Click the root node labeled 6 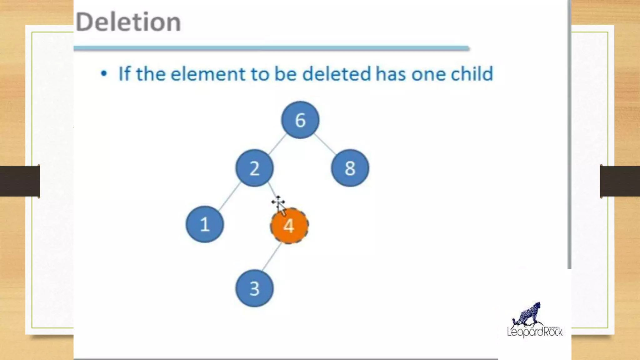300,120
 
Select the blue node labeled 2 254,168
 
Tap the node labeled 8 350,168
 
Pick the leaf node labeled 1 205,224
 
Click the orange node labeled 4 289,226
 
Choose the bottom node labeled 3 254,288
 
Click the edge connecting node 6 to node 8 325,144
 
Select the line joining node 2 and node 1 230,196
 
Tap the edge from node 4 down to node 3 272,257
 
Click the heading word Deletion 128,22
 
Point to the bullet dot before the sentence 104,74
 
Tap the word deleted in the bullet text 337,74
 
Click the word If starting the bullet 124,74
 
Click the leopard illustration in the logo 528,314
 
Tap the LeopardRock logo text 535,332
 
